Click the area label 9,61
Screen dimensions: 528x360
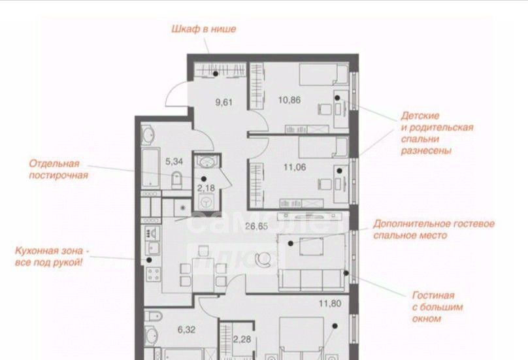[x=224, y=102]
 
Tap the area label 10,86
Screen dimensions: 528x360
[x=289, y=100]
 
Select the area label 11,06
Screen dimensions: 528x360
[x=295, y=167]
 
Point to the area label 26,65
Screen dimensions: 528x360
[x=257, y=226]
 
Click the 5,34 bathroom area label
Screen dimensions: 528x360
[x=174, y=161]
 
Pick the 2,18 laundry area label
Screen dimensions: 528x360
[x=206, y=188]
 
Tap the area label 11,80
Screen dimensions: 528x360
[x=330, y=303]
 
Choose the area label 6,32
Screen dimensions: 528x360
[x=186, y=329]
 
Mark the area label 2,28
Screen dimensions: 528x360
[x=242, y=339]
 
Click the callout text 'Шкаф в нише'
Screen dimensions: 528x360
[x=204, y=29]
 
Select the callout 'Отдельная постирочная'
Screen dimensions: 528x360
[x=58, y=169]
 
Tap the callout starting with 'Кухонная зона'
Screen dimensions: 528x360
[x=52, y=257]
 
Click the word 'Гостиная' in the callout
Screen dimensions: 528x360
[x=433, y=295]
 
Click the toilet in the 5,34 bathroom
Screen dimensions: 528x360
[x=176, y=181]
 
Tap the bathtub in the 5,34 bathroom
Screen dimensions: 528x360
[x=150, y=168]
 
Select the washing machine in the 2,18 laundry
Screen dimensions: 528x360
[x=206, y=202]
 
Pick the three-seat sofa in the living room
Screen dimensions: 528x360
[x=312, y=280]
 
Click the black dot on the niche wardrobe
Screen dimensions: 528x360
[x=216, y=73]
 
